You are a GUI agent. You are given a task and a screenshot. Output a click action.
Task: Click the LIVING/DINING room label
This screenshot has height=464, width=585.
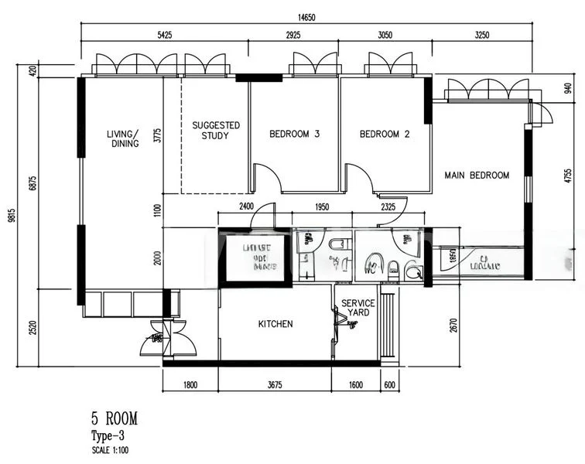[123, 138]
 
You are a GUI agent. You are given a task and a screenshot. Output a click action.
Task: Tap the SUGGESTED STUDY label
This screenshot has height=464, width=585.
[216, 130]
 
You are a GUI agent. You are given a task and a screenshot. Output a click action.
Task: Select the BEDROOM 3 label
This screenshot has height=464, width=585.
[294, 134]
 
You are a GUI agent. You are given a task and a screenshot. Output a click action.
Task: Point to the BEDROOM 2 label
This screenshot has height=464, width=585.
[385, 134]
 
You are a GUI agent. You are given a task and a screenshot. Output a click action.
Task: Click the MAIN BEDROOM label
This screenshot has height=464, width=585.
[477, 176]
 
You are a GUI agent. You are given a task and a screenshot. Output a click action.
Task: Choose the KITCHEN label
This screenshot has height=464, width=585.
[275, 324]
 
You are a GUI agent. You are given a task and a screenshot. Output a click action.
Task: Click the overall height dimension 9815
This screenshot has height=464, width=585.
[11, 218]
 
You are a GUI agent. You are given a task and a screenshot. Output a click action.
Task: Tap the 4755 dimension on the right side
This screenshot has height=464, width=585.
[567, 178]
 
